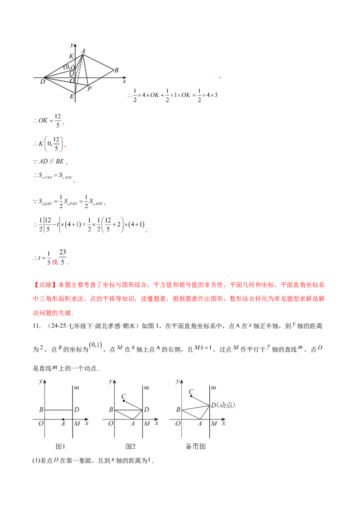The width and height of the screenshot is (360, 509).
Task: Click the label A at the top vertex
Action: [83, 51]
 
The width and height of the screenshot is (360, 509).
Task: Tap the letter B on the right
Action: [116, 70]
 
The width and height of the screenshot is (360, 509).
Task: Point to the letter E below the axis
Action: [72, 96]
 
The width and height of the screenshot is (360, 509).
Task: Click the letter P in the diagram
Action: [90, 89]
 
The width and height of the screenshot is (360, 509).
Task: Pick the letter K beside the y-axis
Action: [71, 56]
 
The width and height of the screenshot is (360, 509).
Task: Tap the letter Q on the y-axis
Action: [71, 73]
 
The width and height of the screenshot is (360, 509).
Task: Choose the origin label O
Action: [72, 81]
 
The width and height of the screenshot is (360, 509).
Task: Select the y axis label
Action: [72, 45]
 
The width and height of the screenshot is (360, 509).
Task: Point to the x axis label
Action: [124, 81]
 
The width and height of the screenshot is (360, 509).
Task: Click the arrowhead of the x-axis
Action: [125, 77]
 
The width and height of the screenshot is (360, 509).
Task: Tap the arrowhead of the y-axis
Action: [76, 45]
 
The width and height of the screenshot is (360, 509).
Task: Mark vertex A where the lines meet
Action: [82, 55]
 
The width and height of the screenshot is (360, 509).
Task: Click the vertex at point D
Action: [45, 77]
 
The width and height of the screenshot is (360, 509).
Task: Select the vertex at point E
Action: [76, 93]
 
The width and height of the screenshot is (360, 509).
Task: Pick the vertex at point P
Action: [87, 85]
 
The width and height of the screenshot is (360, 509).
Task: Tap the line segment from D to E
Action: [60, 85]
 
